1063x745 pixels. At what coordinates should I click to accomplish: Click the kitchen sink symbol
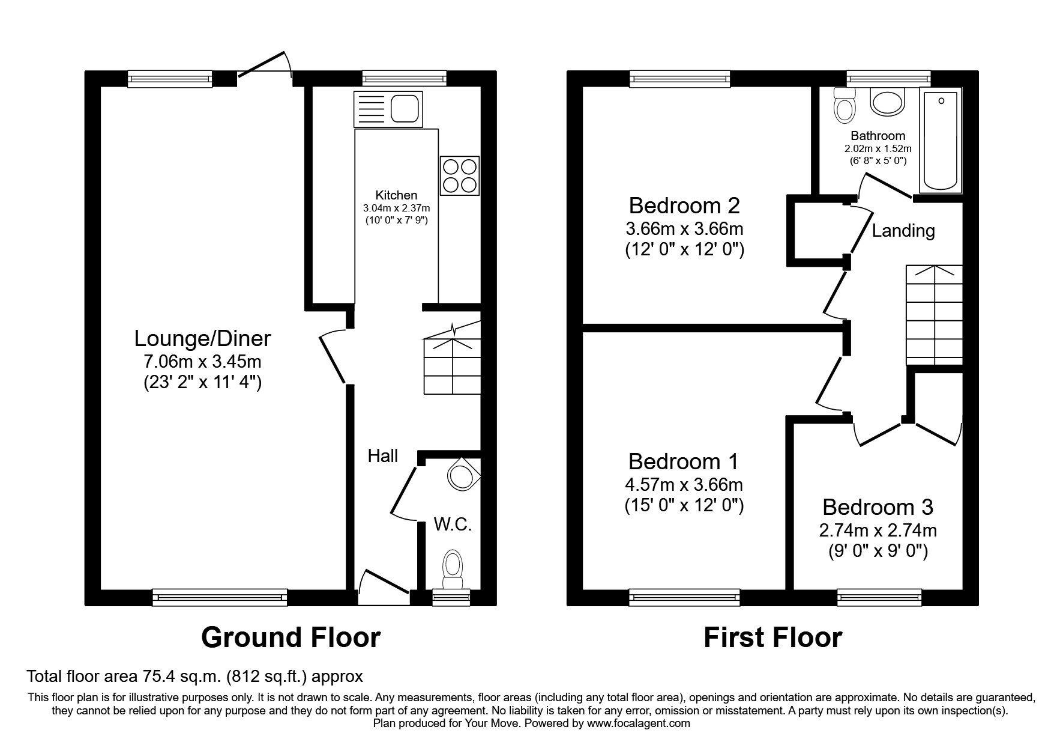[x=388, y=109]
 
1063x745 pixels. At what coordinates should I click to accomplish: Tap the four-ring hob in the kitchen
[x=460, y=175]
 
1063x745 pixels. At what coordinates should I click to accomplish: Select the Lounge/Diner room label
[x=202, y=339]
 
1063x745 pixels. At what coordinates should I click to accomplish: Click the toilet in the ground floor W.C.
[x=453, y=568]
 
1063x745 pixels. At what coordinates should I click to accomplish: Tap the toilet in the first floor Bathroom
[x=845, y=106]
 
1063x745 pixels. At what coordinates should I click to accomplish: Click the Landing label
[x=903, y=231]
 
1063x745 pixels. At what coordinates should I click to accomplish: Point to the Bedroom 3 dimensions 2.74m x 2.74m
[x=878, y=531]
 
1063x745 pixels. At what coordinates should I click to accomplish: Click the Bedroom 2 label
[x=684, y=205]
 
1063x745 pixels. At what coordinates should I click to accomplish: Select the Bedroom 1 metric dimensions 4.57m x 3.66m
[x=684, y=484]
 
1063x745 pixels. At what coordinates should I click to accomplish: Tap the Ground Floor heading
[x=291, y=637]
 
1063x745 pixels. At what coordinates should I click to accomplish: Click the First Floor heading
[x=772, y=637]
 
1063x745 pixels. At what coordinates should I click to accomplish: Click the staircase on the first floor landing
[x=934, y=315]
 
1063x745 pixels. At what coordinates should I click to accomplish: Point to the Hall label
[x=382, y=456]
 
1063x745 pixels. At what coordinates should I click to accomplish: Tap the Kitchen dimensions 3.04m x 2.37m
[x=396, y=208]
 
